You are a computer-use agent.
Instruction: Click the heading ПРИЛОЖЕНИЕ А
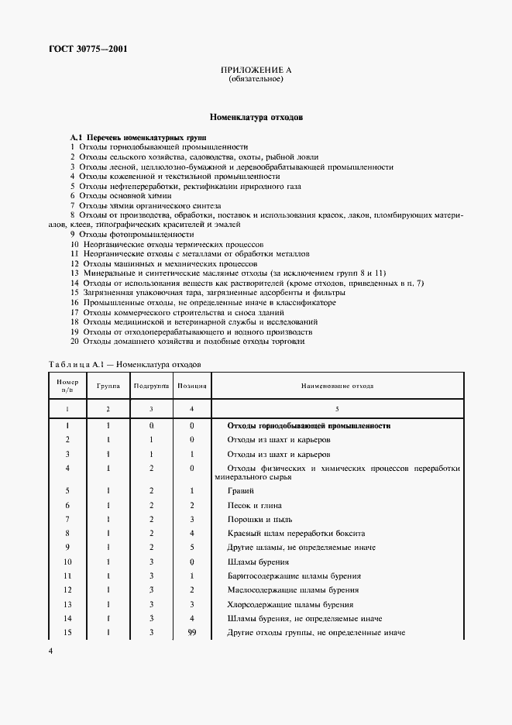[x=256, y=71]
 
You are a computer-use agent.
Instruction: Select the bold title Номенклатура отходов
[x=256, y=119]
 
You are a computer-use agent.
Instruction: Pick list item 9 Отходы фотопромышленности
[x=132, y=233]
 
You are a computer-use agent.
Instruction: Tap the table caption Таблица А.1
[x=125, y=362]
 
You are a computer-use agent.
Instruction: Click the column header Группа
[x=108, y=384]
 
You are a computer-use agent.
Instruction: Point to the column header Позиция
[x=191, y=384]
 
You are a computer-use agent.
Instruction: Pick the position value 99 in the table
[x=191, y=633]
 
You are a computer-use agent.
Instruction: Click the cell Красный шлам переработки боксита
[x=294, y=534]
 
